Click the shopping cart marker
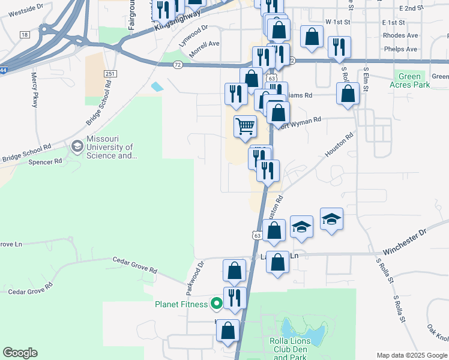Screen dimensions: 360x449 (x=245, y=126)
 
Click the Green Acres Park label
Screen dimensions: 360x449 (x=414, y=80)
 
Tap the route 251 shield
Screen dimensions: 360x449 (x=109, y=73)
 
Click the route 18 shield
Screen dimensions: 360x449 (x=25, y=35)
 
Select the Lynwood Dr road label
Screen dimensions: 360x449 (x=193, y=28)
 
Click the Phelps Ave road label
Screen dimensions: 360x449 (x=402, y=49)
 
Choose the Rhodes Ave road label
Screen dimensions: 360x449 (x=400, y=35)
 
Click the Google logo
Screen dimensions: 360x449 (x=20, y=353)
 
